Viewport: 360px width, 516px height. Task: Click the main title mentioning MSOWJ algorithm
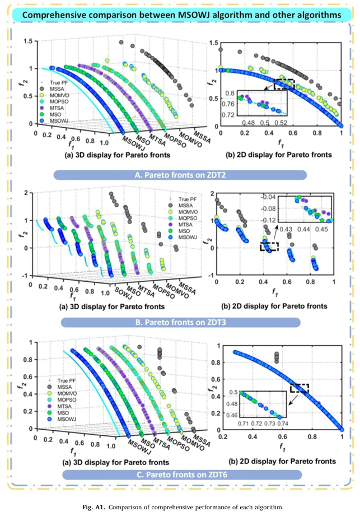click(180, 13)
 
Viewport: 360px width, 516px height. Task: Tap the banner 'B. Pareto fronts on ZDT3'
click(179, 322)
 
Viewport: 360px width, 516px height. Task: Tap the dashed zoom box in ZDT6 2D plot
click(300, 387)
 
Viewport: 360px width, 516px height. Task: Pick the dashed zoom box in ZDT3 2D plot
click(270, 247)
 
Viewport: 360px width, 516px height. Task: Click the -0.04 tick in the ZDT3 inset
click(271, 197)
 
